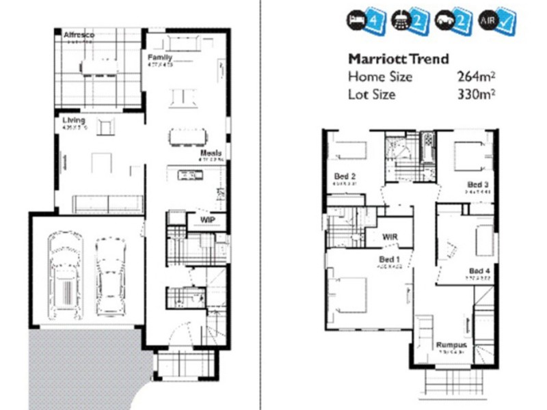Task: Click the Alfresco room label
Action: (79, 35)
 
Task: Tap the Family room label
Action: (159, 57)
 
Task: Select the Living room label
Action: (73, 120)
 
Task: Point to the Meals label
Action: (211, 154)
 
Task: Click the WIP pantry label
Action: (208, 220)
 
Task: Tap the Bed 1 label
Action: (390, 260)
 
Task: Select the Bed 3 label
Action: (477, 184)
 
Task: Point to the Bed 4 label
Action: (479, 271)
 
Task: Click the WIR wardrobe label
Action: (390, 236)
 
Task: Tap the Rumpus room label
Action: (452, 345)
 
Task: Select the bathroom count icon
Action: (407, 20)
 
